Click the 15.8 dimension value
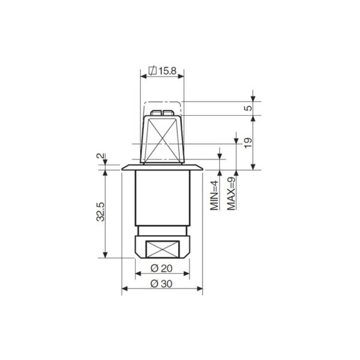click(167, 71)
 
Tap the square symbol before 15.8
click(152, 71)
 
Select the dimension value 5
click(248, 108)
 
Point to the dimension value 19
click(248, 143)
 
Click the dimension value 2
click(100, 156)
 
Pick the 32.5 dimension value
click(100, 212)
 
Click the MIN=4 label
click(214, 196)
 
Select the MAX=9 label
click(232, 194)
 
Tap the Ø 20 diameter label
click(161, 268)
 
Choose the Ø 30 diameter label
click(161, 284)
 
